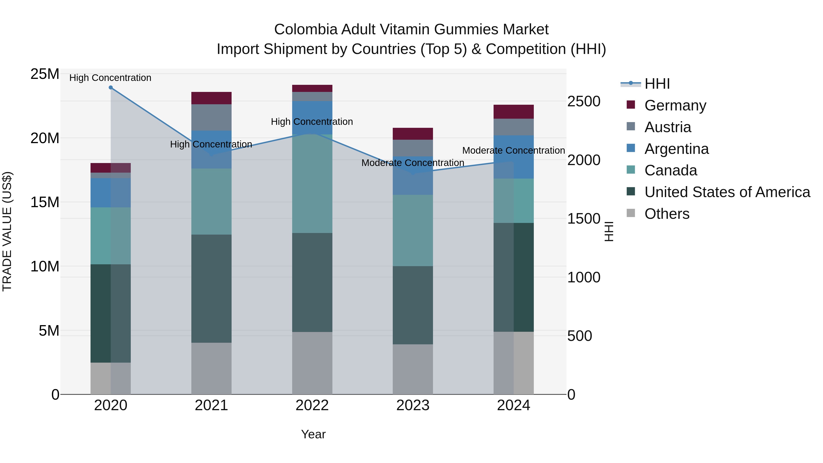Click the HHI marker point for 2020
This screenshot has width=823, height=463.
[111, 88]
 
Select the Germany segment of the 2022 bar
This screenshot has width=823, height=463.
[312, 88]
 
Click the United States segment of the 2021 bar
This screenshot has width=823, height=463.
[211, 289]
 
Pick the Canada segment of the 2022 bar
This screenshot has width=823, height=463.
[312, 184]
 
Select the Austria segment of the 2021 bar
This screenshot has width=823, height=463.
[211, 117]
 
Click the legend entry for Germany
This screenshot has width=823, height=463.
[675, 105]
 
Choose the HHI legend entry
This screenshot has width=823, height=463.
[657, 84]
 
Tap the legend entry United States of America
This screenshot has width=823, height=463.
[727, 192]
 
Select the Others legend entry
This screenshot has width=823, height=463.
[667, 214]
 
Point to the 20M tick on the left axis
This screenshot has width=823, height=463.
[45, 138]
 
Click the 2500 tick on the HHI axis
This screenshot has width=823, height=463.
[584, 101]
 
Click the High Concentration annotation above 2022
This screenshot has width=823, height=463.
[312, 122]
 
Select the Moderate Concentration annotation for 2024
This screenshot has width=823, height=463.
[513, 150]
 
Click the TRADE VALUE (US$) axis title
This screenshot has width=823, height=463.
[7, 231]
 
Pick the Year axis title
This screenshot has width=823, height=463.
[313, 434]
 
